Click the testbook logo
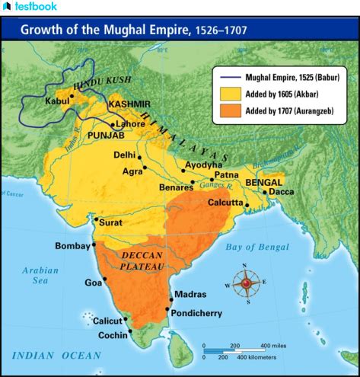click(28, 7)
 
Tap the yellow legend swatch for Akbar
click(230, 94)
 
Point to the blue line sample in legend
click(230, 78)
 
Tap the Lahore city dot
click(114, 124)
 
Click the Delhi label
click(125, 155)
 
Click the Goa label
click(93, 283)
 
